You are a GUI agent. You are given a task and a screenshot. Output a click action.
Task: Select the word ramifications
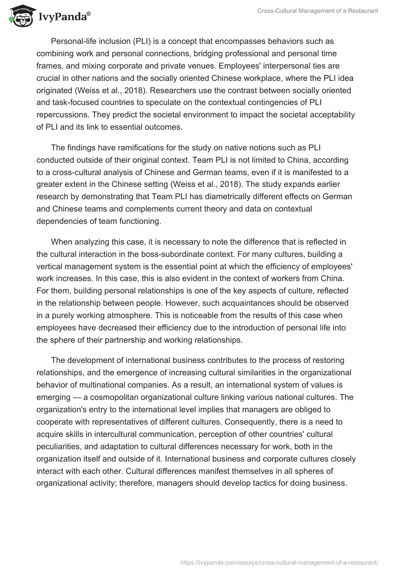click(x=141, y=148)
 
